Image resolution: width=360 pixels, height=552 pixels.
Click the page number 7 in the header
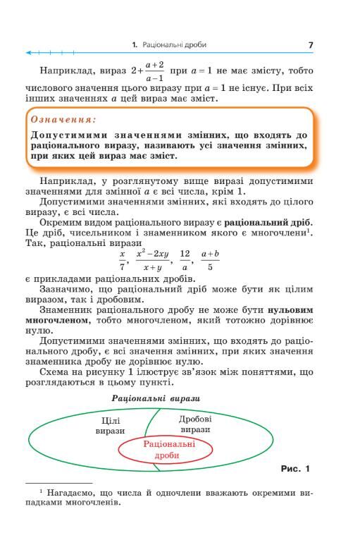tap(310, 44)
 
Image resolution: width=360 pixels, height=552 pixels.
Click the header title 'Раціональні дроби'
tap(174, 44)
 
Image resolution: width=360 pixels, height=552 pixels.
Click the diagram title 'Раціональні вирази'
tap(166, 398)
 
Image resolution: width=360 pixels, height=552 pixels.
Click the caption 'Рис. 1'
tap(294, 468)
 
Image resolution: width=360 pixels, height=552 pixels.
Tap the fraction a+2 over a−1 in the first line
tap(154, 72)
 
